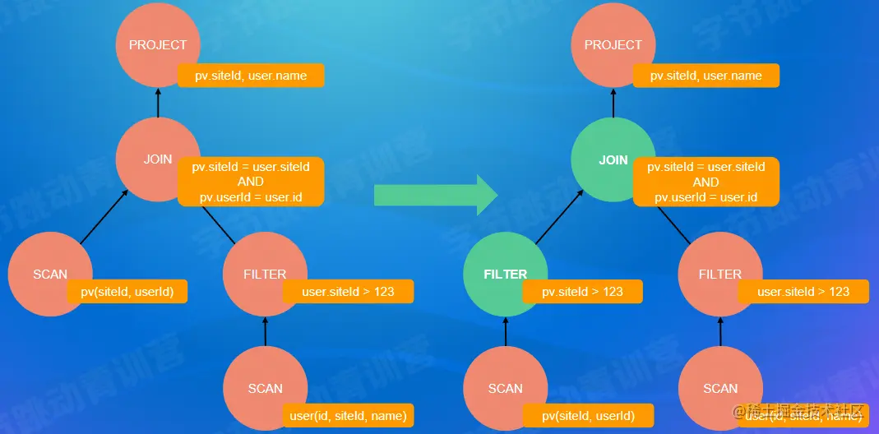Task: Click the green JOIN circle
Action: (613, 159)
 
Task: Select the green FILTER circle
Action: (505, 274)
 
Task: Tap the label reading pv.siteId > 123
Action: (582, 291)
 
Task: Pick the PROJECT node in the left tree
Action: (158, 44)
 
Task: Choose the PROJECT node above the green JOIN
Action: (613, 44)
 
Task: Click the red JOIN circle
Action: (158, 159)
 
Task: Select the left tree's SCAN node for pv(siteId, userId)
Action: (49, 274)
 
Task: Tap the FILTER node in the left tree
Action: (265, 274)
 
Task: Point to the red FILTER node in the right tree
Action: (720, 274)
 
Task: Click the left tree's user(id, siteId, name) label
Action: (349, 415)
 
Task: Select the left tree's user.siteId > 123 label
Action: (348, 291)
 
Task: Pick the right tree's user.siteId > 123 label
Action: (803, 291)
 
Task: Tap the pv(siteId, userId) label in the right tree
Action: (588, 415)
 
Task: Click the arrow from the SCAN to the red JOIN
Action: (104, 217)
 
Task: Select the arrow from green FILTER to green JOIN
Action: (559, 217)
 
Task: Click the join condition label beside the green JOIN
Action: (706, 182)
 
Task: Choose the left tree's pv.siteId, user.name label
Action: (251, 76)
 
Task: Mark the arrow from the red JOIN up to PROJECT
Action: (158, 102)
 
